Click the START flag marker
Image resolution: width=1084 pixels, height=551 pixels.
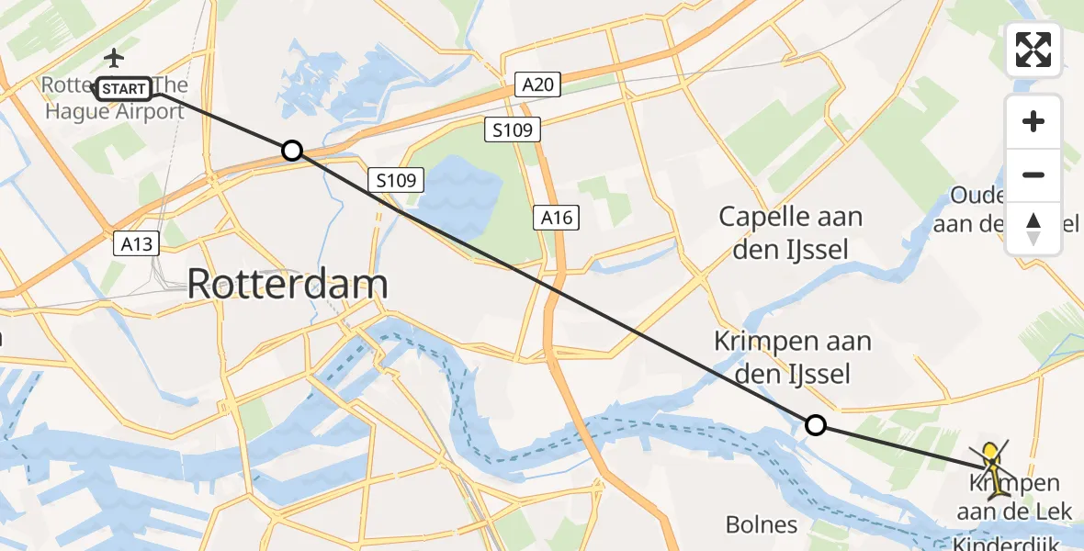(124, 89)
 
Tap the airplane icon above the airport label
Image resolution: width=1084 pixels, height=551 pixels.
(114, 58)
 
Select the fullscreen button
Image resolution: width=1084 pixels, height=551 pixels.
(1033, 50)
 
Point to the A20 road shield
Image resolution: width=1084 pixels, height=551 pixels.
(538, 85)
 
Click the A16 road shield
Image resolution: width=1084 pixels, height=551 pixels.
(557, 218)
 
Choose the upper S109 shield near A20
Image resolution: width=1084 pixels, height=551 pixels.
(513, 130)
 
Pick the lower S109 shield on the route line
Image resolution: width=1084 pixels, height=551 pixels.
(397, 181)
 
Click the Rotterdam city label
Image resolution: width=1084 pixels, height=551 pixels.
(287, 284)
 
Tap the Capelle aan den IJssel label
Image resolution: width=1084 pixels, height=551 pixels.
(790, 232)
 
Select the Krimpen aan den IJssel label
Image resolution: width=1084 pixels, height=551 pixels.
(793, 357)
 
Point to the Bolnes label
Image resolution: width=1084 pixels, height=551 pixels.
(762, 524)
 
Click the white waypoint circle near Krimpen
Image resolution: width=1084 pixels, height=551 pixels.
(815, 424)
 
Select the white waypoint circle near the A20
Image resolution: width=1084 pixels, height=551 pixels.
(291, 151)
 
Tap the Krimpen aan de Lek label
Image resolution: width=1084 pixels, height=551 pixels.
(1013, 497)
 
